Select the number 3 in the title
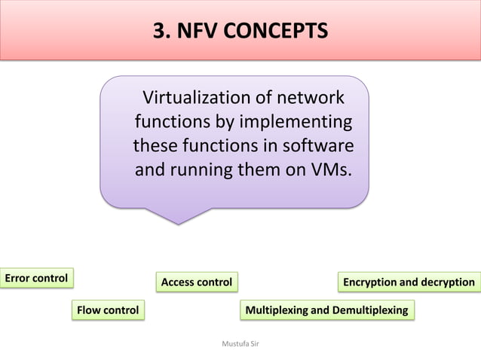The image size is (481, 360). pos(159,32)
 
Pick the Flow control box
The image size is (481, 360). pos(108,310)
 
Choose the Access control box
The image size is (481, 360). pos(197,282)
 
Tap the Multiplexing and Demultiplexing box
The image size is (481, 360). pos(326,310)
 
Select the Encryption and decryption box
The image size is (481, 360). pos(409,282)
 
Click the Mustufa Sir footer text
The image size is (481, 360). pos(240,343)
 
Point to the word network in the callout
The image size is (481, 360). pos(311,98)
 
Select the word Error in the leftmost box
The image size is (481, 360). pos(17,278)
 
